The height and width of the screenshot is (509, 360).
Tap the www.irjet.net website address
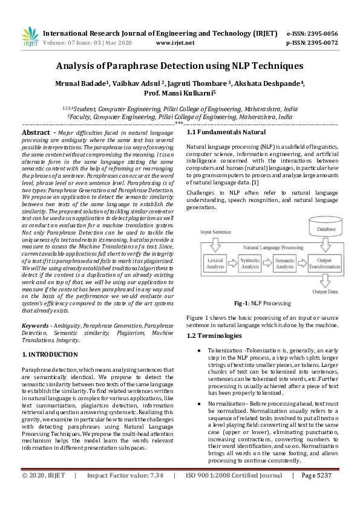[x=175, y=44]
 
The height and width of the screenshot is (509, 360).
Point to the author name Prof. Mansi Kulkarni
[x=180, y=94]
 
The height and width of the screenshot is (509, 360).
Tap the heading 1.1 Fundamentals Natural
[x=226, y=132]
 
